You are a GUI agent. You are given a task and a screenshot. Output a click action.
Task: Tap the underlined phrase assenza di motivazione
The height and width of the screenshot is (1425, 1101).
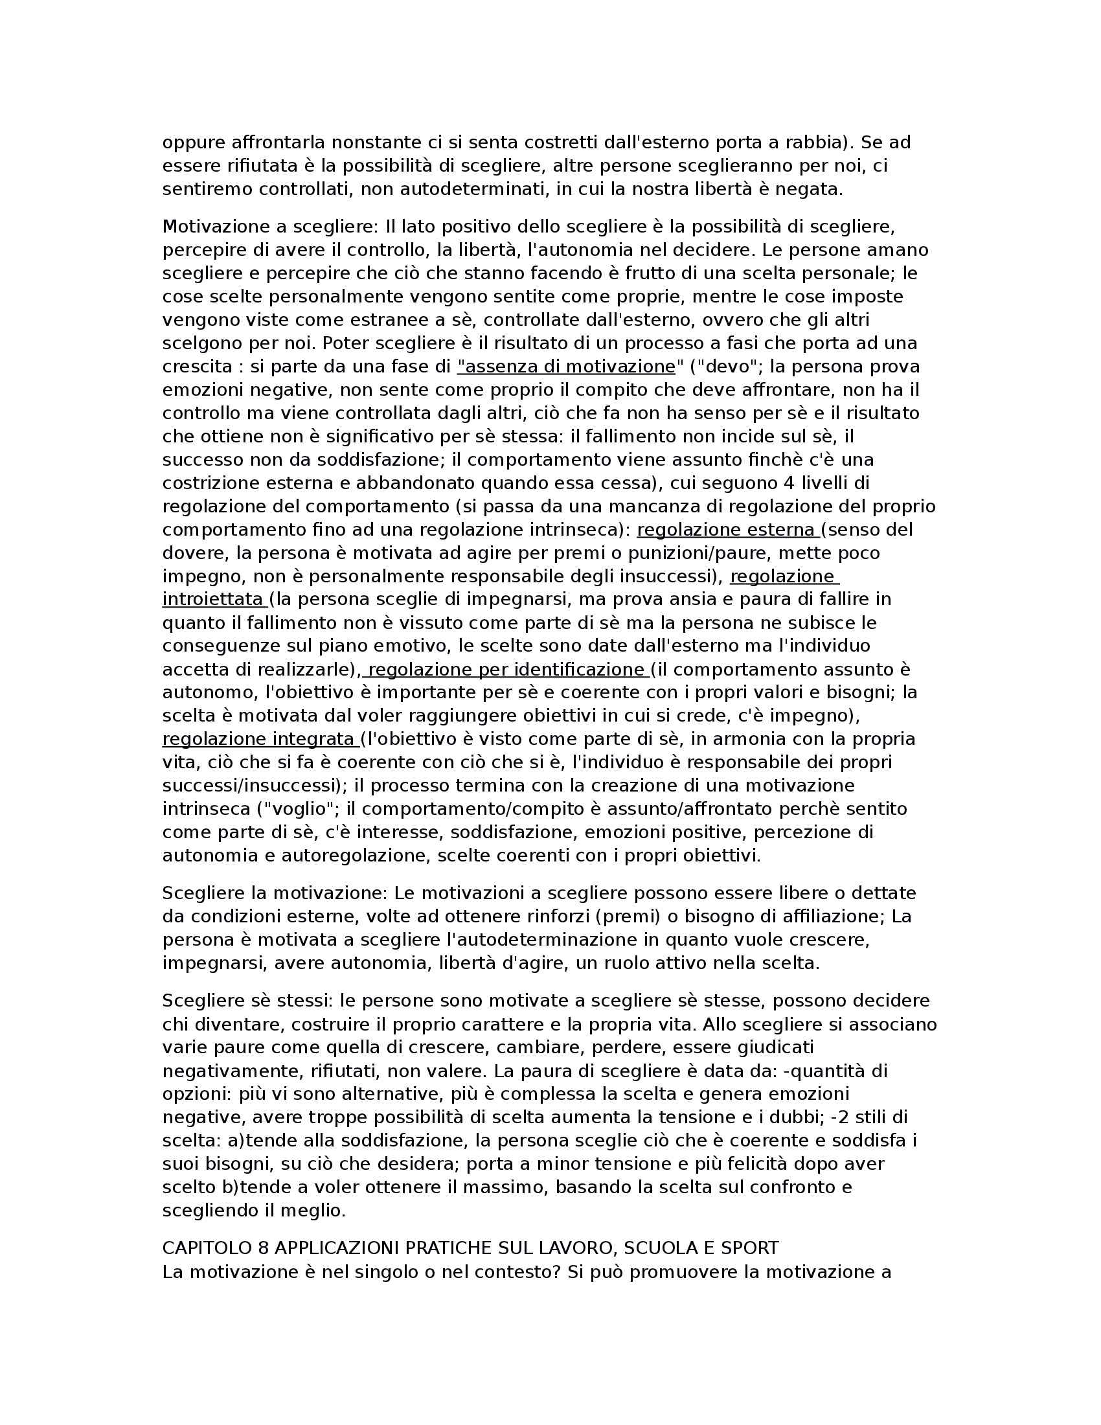click(x=566, y=367)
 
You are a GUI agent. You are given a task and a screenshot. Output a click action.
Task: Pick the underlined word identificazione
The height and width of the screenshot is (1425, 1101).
click(x=579, y=670)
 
